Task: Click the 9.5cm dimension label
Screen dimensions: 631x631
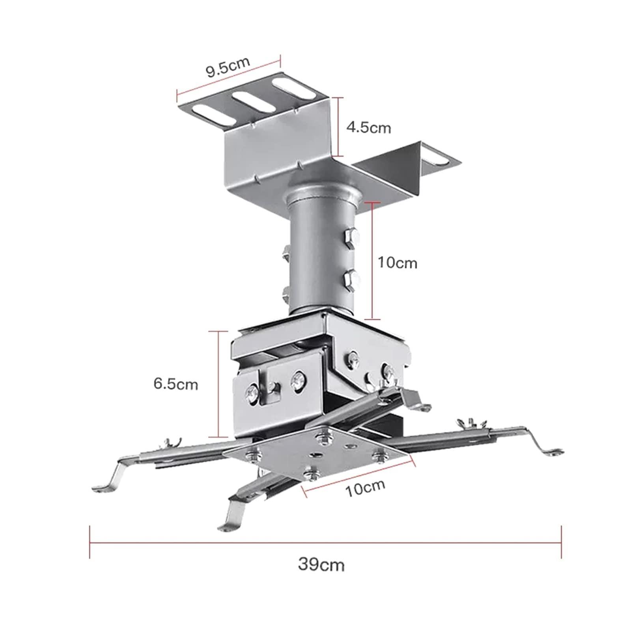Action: [228, 67]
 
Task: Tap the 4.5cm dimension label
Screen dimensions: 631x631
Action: [368, 127]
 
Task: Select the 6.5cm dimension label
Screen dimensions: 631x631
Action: [175, 384]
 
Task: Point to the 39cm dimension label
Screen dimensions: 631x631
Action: [321, 564]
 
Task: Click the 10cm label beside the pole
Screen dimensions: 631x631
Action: [397, 263]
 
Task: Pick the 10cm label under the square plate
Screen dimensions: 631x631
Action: [365, 488]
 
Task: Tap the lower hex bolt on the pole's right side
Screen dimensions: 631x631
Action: [352, 280]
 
